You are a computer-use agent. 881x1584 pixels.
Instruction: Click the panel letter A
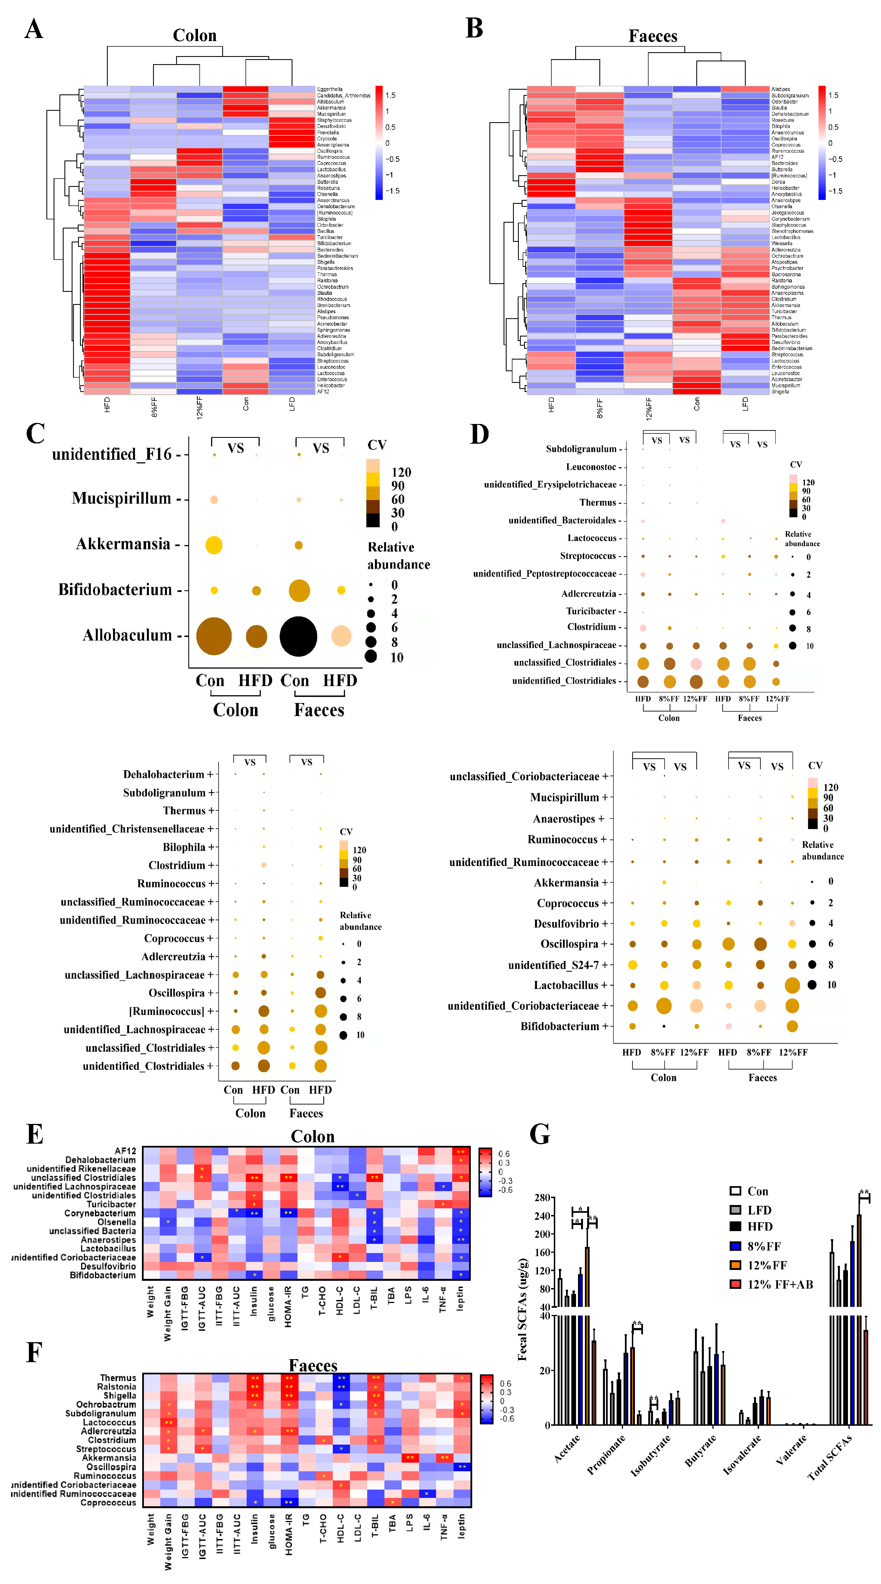click(34, 29)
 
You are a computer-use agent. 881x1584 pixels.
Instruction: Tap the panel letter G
click(540, 1133)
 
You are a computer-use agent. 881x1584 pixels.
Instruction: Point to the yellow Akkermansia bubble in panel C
click(214, 545)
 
